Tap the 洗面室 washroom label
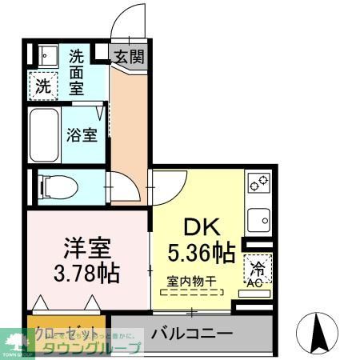coord(78,72)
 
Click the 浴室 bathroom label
coord(82,134)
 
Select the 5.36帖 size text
coord(201,254)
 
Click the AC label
coord(257,282)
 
